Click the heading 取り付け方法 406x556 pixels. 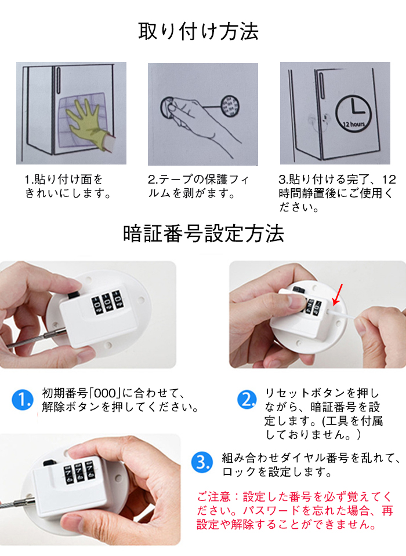click(198, 31)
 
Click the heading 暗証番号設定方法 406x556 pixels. click(204, 233)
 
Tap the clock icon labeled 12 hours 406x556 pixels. click(353, 113)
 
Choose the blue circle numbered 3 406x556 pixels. click(202, 462)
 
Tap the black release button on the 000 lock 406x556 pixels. click(74, 295)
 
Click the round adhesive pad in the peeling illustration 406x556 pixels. click(230, 105)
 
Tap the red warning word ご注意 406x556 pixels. click(214, 496)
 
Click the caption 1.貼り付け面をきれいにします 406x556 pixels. click(67, 186)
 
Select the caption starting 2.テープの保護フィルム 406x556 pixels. click(199, 186)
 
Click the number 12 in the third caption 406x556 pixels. click(389, 180)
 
